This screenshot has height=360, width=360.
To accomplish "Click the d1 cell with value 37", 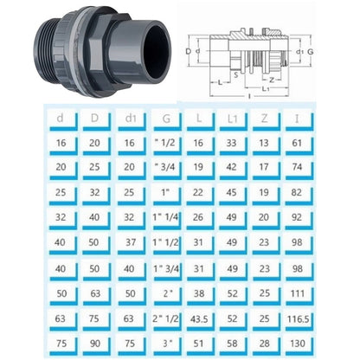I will [x=126, y=243].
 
